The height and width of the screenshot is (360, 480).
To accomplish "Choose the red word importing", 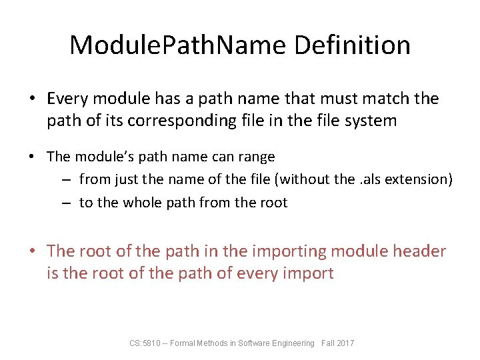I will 287,251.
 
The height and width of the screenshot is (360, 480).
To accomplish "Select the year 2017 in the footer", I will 346,343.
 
